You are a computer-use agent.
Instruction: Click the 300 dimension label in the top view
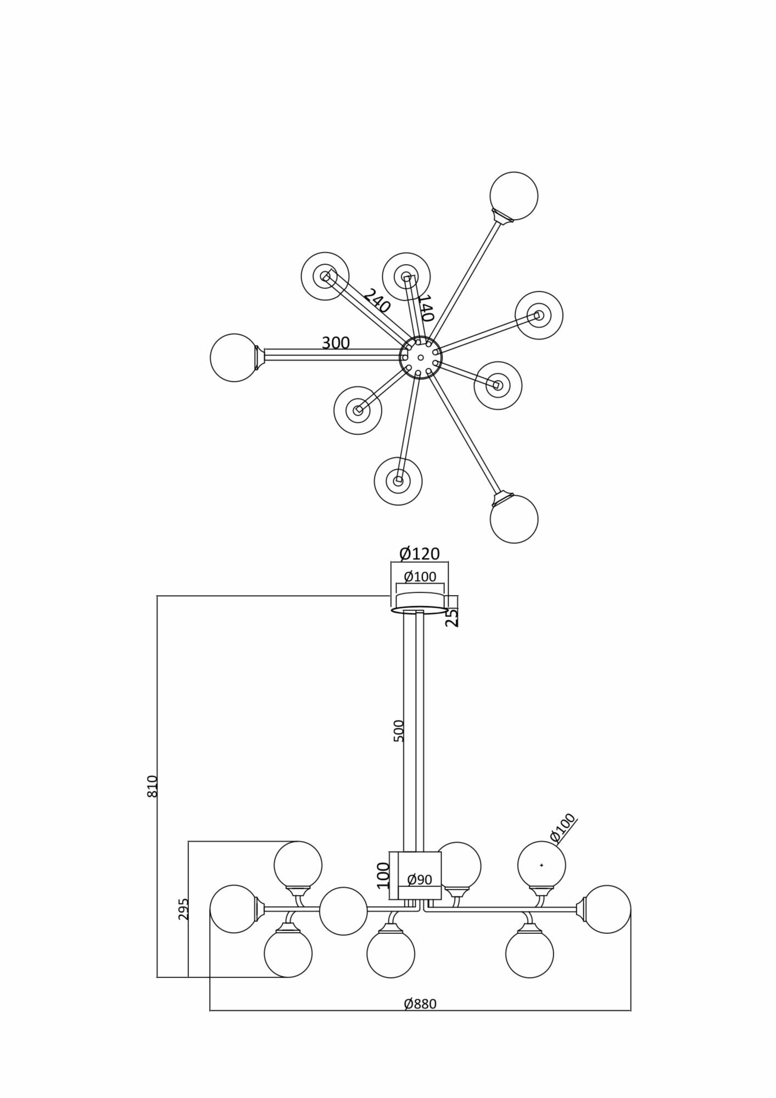tap(336, 343)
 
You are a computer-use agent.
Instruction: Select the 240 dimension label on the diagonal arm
tap(376, 301)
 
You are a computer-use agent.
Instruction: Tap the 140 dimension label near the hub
tap(426, 308)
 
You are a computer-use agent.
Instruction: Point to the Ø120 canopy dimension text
tap(420, 554)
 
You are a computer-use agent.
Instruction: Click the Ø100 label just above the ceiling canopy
tap(420, 576)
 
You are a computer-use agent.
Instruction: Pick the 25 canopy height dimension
tap(451, 618)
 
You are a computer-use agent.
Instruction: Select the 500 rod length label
tap(399, 731)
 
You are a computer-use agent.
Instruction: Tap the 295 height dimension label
tap(183, 909)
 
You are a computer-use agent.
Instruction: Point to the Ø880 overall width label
tap(420, 1004)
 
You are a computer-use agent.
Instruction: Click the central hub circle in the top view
tap(421, 357)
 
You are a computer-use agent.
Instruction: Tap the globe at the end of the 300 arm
tap(235, 357)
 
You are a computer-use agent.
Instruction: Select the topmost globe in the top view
tap(513, 196)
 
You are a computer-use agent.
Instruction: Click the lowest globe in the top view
tap(513, 519)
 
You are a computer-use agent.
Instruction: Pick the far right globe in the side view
tap(607, 909)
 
